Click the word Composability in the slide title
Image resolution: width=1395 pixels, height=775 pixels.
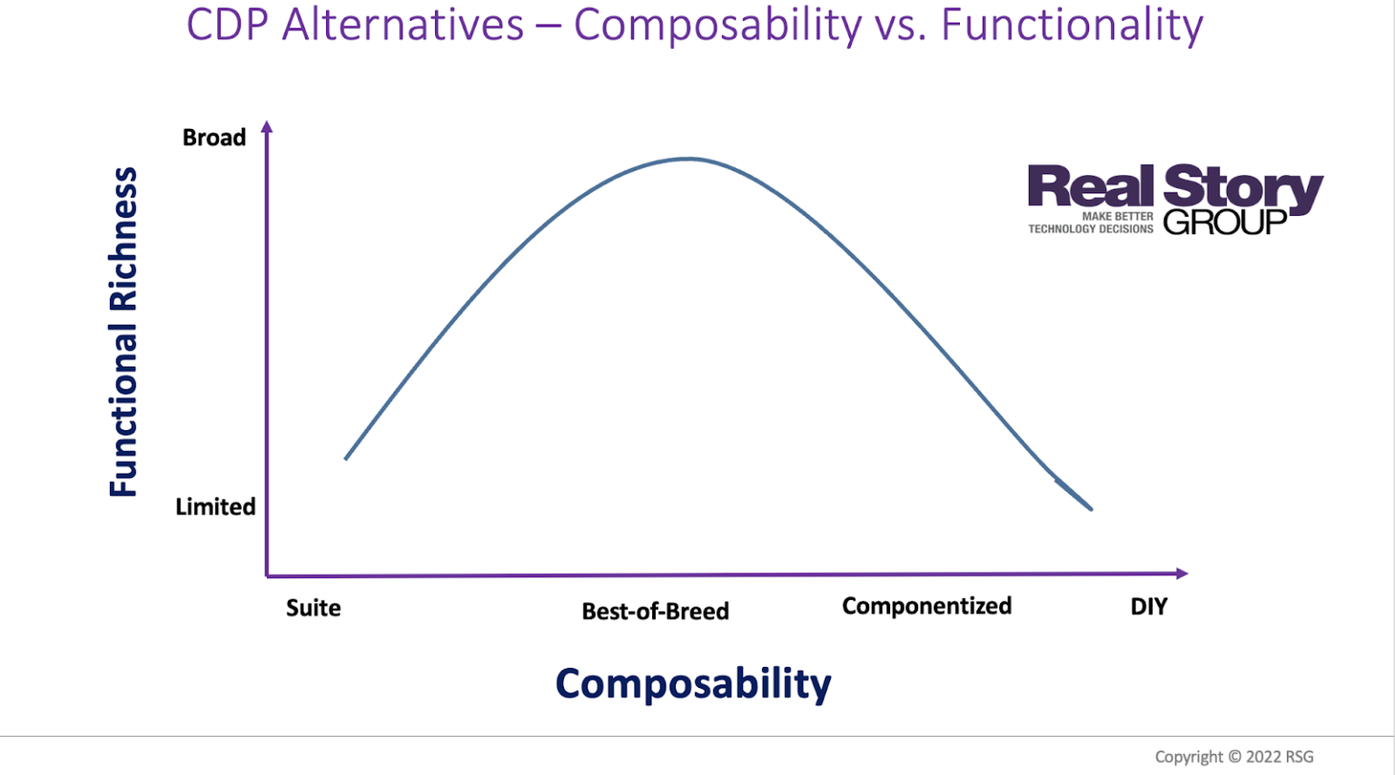[717, 25]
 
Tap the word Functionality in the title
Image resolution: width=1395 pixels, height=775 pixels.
[1072, 25]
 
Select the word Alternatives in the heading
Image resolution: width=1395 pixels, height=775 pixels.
[403, 25]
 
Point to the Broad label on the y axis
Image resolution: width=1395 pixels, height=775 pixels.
[214, 137]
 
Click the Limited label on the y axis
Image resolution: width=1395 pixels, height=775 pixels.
[215, 506]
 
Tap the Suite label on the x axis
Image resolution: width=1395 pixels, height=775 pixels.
[313, 607]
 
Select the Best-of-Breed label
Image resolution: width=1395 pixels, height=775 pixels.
[655, 611]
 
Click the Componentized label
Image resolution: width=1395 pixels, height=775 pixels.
[926, 605]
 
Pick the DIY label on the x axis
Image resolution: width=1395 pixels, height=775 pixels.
[1149, 606]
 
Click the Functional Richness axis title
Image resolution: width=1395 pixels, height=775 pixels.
[124, 331]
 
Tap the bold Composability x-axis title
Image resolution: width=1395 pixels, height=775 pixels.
[693, 683]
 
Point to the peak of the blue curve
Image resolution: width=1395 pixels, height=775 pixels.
[688, 159]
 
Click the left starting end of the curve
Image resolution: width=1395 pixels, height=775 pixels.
[347, 457]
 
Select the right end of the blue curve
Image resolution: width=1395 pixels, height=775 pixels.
[1090, 508]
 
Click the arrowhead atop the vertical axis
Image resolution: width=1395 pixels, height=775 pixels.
[266, 127]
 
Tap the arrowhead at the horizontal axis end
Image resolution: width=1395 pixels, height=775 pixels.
[1182, 573]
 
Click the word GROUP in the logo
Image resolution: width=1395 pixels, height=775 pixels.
[1224, 221]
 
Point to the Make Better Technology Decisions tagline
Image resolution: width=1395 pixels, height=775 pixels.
[1091, 223]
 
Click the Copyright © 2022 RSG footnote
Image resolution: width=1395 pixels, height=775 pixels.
[1233, 756]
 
